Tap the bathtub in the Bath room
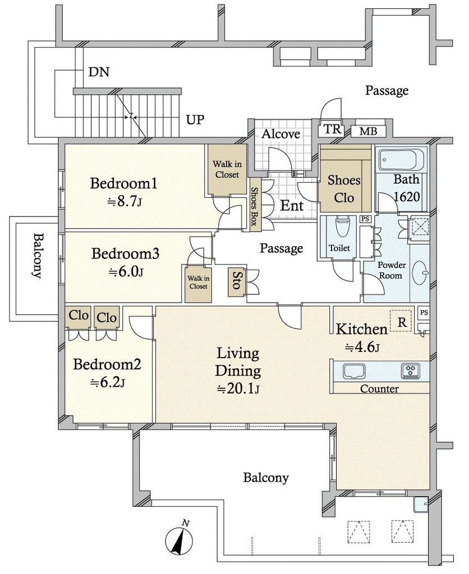coord(401,159)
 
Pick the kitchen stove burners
coord(410,371)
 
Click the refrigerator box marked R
coord(402,322)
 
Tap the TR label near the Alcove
coord(333,129)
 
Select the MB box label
coord(368,131)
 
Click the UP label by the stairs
coord(195,119)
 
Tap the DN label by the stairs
coord(99,72)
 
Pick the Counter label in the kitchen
coord(379,388)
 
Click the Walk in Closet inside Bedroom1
coord(227,169)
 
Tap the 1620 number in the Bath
coord(407,197)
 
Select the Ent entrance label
coord(292,205)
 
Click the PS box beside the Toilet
coord(365,219)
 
